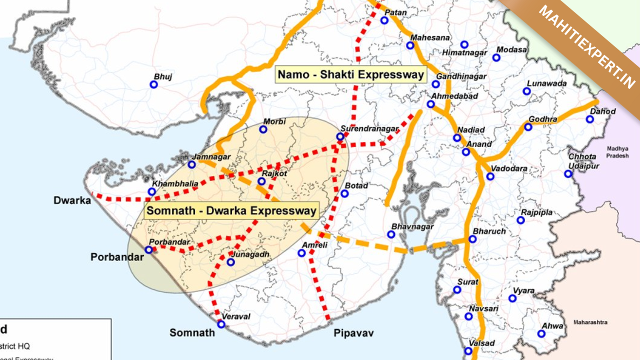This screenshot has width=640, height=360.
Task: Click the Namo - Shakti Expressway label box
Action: click(x=350, y=75)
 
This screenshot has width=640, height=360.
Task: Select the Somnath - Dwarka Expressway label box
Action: click(x=231, y=210)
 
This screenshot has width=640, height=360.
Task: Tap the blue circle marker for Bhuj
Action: click(x=154, y=84)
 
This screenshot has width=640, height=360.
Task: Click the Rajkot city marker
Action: click(x=261, y=181)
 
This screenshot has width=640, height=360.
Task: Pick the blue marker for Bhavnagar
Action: click(x=391, y=234)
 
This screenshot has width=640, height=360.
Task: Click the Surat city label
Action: click(x=467, y=281)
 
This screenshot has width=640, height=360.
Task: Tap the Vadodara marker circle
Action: click(x=490, y=176)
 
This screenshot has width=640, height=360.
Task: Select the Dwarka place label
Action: click(x=72, y=200)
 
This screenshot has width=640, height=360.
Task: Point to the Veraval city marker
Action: click(x=221, y=324)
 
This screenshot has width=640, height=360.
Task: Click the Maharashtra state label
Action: click(x=590, y=322)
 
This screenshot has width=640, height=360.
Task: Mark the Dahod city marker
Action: click(x=589, y=119)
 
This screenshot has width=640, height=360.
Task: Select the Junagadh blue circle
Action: click(x=230, y=262)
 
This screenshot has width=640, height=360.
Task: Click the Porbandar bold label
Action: click(x=116, y=257)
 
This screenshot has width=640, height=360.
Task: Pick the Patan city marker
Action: click(x=384, y=20)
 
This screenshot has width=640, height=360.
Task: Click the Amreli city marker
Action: click(x=301, y=253)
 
